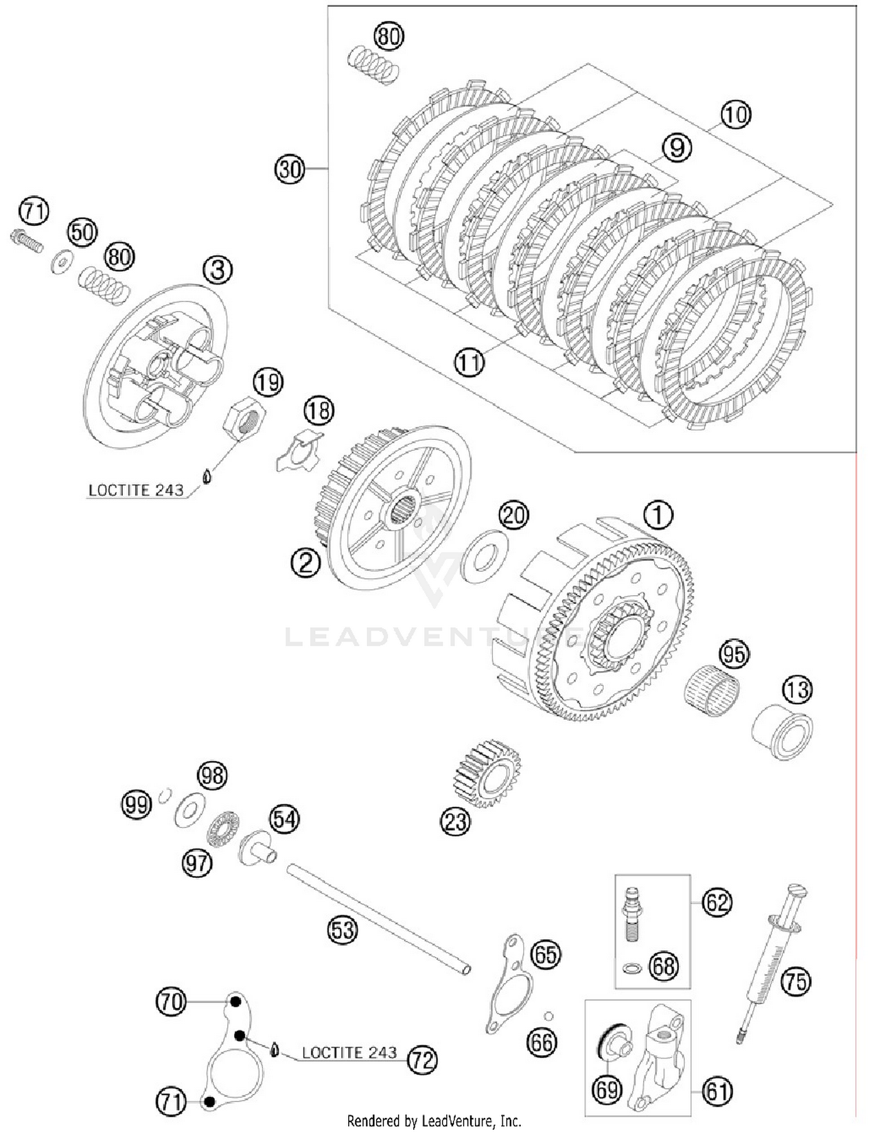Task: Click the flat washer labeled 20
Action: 485,556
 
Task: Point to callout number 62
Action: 717,902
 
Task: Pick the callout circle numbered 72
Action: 422,1060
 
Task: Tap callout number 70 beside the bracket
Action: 171,1001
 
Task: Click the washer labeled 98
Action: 190,810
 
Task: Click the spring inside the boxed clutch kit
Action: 374,65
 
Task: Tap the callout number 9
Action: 677,148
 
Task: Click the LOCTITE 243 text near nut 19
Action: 136,490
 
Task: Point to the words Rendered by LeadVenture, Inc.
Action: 434,1121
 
